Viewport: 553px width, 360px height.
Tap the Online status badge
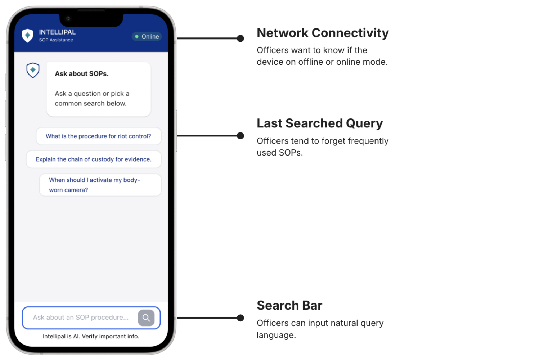(x=147, y=37)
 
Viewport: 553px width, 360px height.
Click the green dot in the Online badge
(x=137, y=37)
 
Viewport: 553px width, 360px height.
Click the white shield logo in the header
(x=27, y=36)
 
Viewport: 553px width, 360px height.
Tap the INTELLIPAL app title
(x=57, y=32)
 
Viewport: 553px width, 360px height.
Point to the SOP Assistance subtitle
(x=56, y=40)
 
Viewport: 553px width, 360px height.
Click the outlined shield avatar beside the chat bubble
(x=33, y=70)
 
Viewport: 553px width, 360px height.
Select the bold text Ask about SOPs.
(x=82, y=73)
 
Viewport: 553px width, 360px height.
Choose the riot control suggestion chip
(x=99, y=136)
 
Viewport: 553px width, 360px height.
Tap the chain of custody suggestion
(x=94, y=159)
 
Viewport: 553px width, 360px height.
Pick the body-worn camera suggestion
(x=100, y=185)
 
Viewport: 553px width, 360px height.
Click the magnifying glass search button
(x=146, y=318)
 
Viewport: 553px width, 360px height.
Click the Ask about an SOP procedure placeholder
(x=81, y=317)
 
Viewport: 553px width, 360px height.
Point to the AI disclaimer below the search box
(x=91, y=336)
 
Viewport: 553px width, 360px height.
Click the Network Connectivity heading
(x=323, y=33)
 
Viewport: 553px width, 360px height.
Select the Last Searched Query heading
(x=320, y=123)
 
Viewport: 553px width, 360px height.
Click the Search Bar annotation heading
(x=289, y=305)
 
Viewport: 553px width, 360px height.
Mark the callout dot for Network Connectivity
(x=240, y=38)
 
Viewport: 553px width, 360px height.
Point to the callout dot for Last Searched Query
(x=240, y=136)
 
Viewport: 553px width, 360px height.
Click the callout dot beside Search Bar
(x=240, y=318)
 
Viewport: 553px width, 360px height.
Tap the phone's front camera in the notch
(x=68, y=18)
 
